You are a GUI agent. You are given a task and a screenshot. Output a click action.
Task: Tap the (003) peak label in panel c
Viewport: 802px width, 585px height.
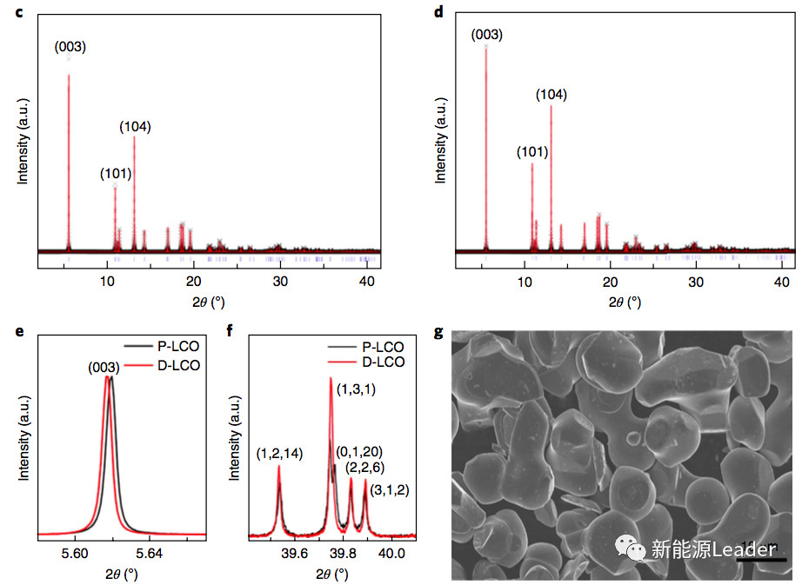(70, 47)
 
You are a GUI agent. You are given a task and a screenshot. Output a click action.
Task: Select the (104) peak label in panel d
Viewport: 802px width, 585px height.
(551, 95)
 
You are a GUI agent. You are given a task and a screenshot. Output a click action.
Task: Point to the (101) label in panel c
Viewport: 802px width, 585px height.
(116, 173)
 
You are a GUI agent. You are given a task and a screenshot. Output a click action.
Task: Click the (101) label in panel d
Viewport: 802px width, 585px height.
(531, 152)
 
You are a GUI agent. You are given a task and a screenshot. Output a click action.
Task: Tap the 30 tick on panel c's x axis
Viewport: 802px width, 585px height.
(278, 282)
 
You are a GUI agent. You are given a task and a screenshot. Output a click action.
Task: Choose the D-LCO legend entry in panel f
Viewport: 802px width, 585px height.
(383, 362)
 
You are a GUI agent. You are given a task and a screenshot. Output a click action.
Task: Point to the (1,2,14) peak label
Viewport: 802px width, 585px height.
(280, 453)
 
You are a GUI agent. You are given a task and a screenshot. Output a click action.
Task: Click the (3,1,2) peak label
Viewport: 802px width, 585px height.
(389, 490)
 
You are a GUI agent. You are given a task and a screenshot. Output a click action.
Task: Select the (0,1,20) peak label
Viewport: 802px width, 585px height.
(359, 451)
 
